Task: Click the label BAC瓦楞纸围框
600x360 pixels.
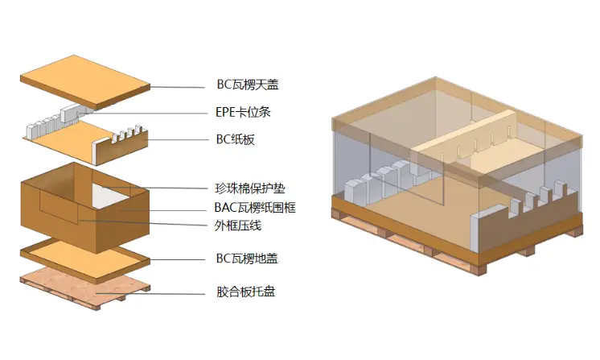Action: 255,208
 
